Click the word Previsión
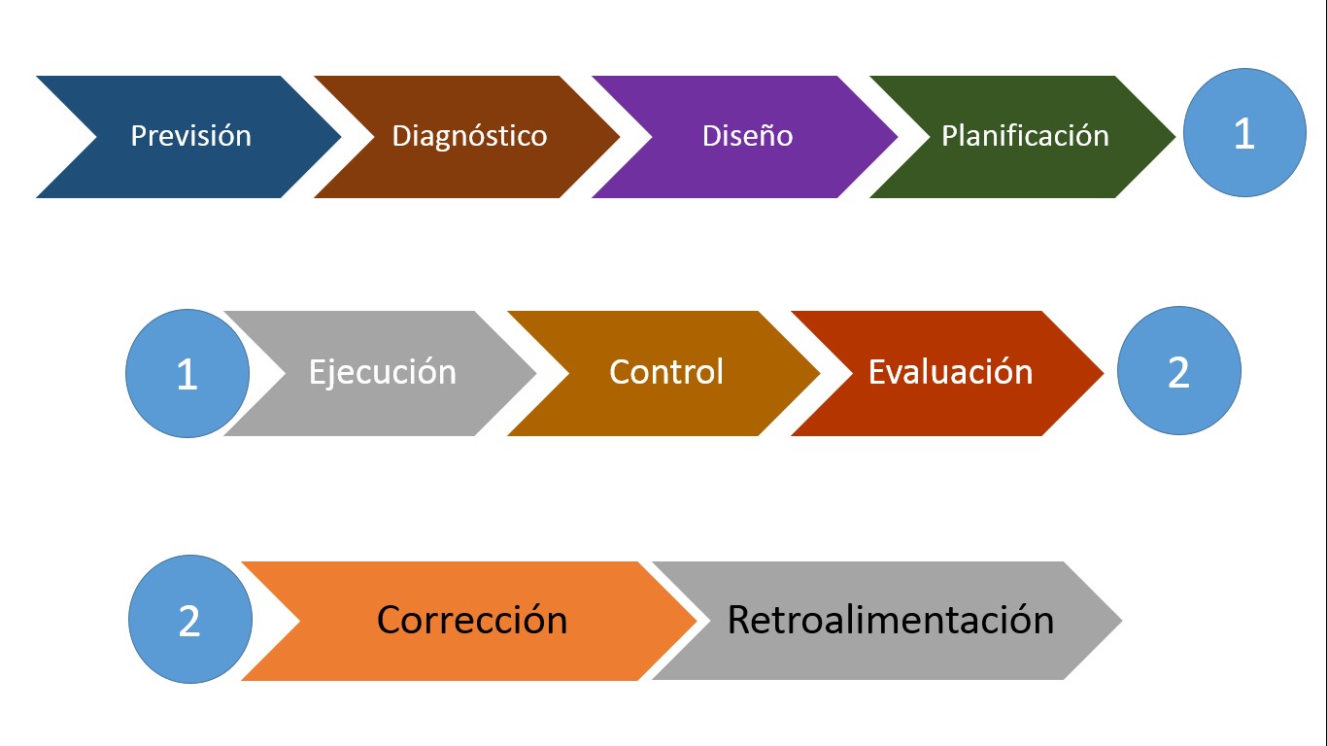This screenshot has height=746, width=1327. (190, 136)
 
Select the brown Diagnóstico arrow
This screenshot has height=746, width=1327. (469, 136)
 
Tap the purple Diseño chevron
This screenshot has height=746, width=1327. (747, 136)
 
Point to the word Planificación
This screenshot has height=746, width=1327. (1025, 136)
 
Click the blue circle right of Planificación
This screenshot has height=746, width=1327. (1244, 133)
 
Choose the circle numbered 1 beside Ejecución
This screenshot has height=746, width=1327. (187, 374)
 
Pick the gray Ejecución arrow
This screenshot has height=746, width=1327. (382, 373)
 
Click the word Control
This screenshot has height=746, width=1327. (666, 373)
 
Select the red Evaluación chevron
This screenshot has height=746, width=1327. (950, 373)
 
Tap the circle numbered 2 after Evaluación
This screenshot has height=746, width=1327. (1178, 371)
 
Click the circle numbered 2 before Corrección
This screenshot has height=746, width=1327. (189, 620)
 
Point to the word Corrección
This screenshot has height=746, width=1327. (472, 621)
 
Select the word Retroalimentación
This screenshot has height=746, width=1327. (891, 621)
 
